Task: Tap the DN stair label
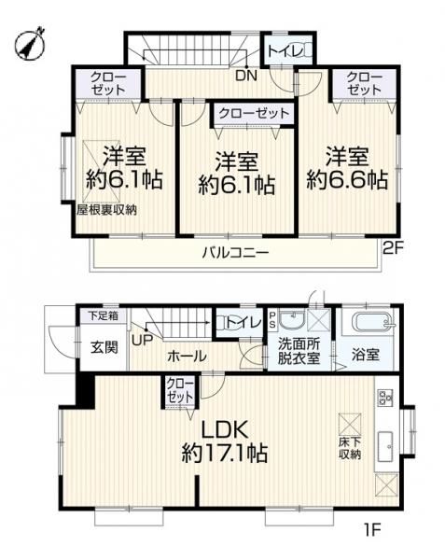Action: (x=246, y=76)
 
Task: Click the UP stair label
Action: (x=143, y=340)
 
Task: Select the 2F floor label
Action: (x=393, y=248)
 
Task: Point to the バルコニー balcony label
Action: (x=235, y=253)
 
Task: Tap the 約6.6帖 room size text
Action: (x=347, y=180)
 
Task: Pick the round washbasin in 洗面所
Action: (x=292, y=320)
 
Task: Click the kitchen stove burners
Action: (x=385, y=398)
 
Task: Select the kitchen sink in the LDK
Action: (x=385, y=444)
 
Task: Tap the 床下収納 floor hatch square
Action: (x=350, y=425)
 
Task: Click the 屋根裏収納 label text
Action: (x=106, y=210)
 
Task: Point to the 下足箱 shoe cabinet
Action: (x=104, y=316)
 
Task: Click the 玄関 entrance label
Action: (x=104, y=347)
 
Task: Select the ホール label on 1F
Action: (x=187, y=357)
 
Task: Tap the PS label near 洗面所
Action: (x=272, y=319)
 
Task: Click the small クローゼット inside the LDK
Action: (x=180, y=391)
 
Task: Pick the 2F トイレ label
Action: (x=285, y=50)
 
